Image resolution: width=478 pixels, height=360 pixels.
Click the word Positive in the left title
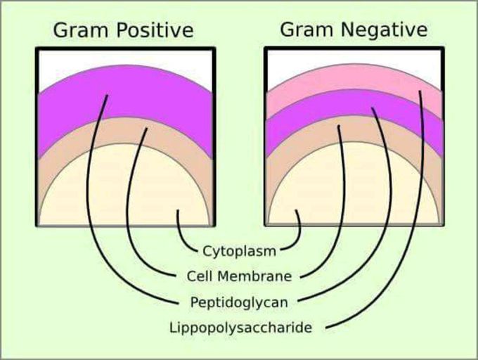click(155, 30)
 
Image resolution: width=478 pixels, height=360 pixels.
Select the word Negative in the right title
click(384, 30)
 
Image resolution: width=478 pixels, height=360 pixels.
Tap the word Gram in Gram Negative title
click(307, 30)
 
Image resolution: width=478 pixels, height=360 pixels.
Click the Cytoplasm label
click(239, 252)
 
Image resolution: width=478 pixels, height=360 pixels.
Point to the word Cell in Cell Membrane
click(199, 276)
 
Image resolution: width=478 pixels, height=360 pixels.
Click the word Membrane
click(255, 276)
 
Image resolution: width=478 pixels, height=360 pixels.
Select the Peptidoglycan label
click(239, 302)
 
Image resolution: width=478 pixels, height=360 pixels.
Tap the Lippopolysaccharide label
click(241, 328)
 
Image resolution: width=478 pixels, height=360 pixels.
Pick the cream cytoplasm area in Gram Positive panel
click(125, 189)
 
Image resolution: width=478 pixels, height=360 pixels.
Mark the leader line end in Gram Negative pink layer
click(420, 91)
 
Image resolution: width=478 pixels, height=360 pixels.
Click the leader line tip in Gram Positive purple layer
click(107, 96)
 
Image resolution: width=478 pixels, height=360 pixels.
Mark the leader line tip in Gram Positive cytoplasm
click(178, 210)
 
